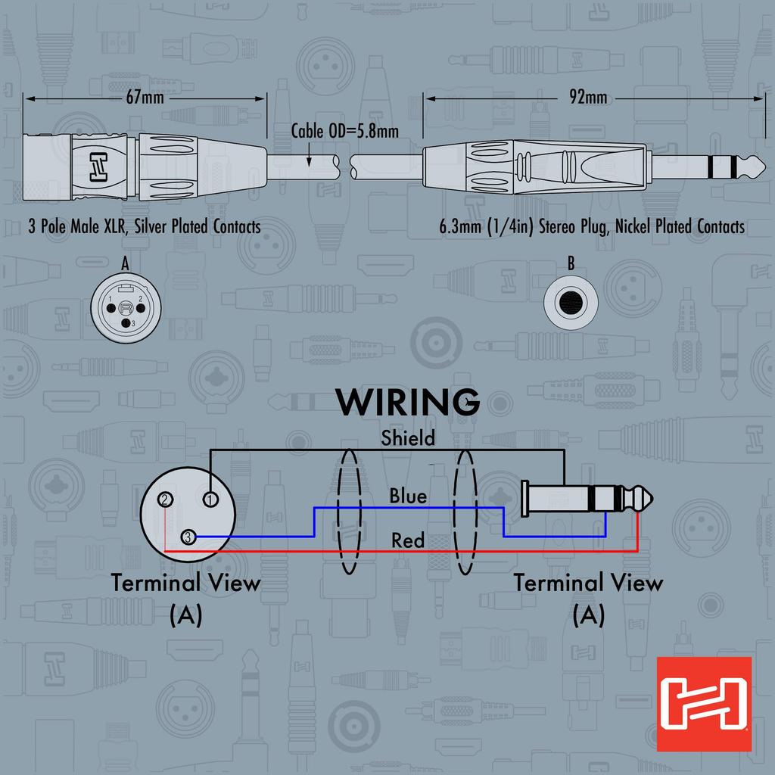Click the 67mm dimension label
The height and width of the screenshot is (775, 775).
pos(145,98)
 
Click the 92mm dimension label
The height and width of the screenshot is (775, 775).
pos(588,98)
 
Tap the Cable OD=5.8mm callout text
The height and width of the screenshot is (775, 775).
pos(345,131)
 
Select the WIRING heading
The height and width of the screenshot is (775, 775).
pos(408,402)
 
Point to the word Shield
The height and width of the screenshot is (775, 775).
pos(408,437)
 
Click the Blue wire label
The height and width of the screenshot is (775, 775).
pos(408,496)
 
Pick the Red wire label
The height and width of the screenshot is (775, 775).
pos(408,540)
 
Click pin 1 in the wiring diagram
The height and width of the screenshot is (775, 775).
pos(210,499)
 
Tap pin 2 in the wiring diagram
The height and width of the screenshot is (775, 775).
pos(165,500)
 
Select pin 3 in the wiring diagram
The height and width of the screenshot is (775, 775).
pos(188,537)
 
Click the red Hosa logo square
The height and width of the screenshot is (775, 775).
pos(704,704)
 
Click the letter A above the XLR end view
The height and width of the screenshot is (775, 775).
pos(125,263)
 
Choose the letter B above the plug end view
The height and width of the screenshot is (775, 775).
pos(571,264)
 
